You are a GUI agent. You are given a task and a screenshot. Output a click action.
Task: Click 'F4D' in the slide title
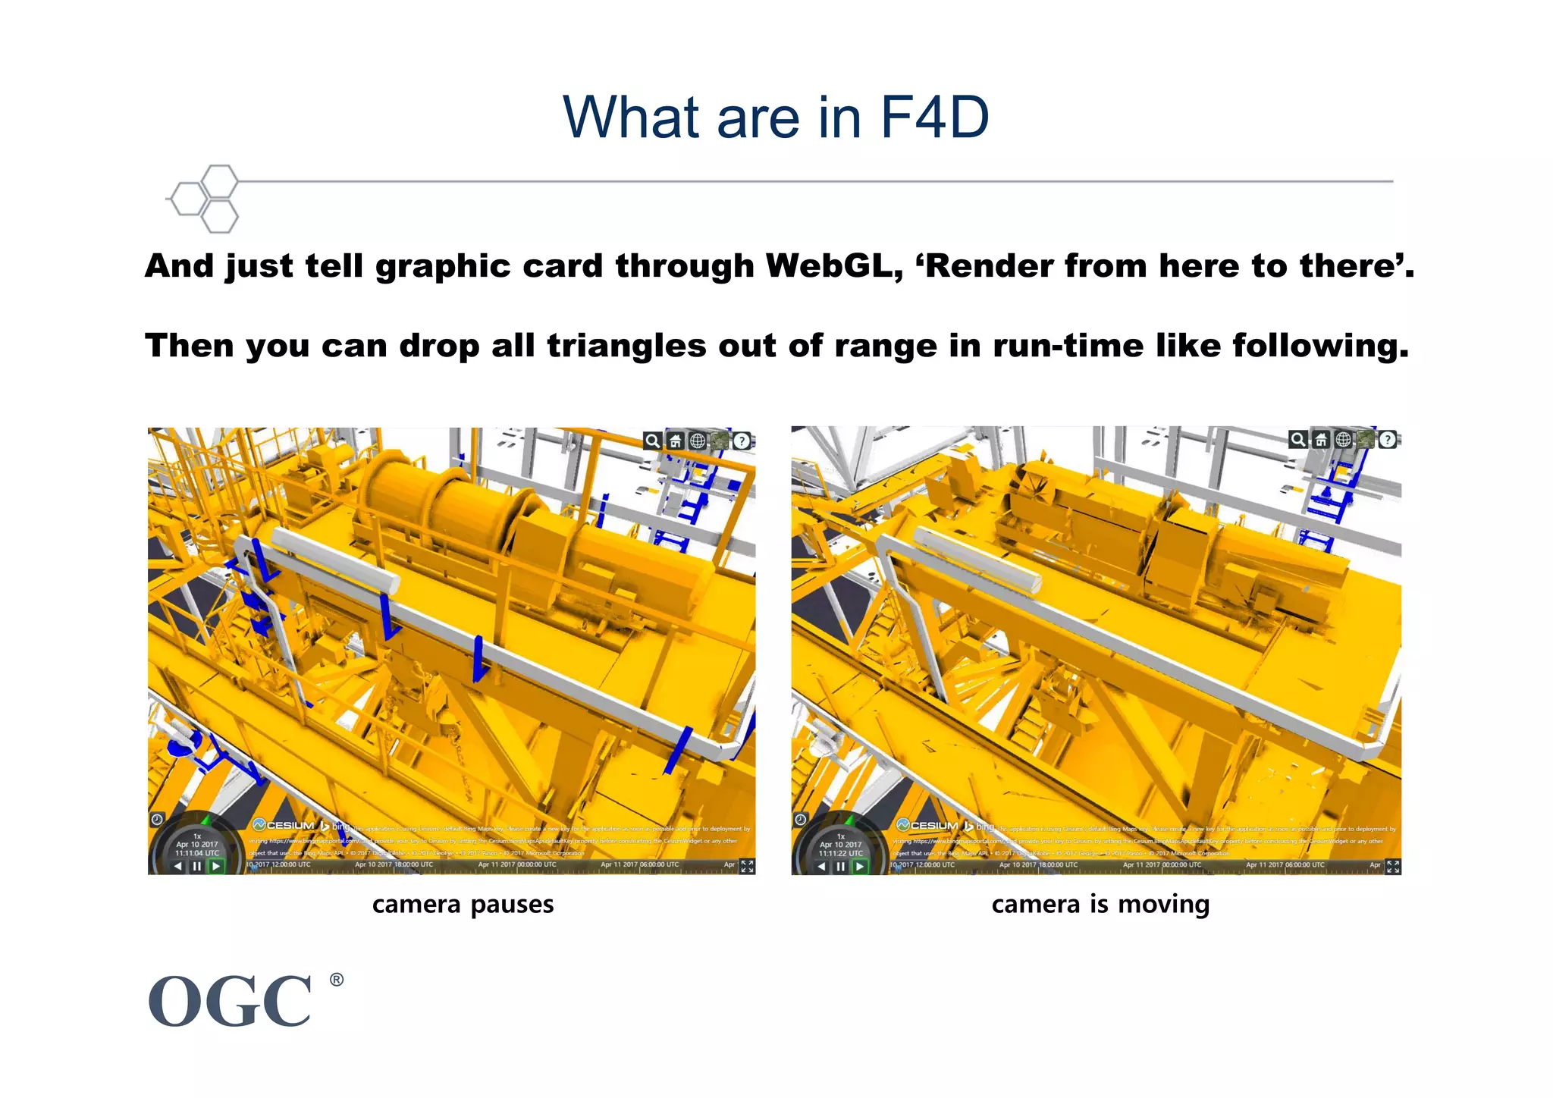coord(934,118)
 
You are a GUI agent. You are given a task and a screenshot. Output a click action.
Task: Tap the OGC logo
coord(231,1002)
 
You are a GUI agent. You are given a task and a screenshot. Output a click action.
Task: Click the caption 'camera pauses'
coord(463,905)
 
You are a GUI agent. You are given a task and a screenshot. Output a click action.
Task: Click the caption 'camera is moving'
coord(1100,905)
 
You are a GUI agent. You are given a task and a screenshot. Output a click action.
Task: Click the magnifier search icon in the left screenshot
coord(652,441)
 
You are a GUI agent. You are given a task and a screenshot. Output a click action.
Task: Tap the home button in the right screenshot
coord(1320,440)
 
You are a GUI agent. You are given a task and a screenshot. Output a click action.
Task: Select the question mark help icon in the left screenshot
coord(742,441)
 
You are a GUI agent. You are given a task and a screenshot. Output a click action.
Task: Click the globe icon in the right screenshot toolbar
coord(1343,440)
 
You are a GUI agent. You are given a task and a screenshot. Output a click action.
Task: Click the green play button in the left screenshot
coord(216,866)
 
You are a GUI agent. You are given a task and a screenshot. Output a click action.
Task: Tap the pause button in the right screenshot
coord(840,866)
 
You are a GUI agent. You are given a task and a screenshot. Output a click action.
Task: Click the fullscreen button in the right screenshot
coord(1392,866)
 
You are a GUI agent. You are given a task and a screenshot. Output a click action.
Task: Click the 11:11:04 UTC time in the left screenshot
coord(197,853)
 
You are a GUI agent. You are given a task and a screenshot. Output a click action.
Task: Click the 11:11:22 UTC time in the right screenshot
coord(841,853)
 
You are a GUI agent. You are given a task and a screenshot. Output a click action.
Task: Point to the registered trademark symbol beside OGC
coord(337,980)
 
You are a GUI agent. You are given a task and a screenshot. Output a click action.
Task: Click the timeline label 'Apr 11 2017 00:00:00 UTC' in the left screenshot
coord(517,864)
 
